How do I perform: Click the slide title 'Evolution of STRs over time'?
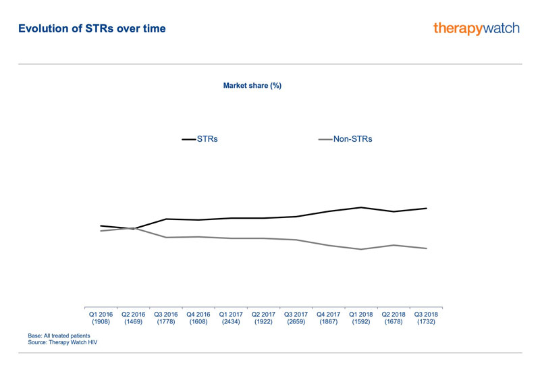click(x=92, y=29)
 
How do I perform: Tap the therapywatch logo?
click(x=477, y=28)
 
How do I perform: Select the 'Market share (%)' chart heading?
click(x=252, y=86)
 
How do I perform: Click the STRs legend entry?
click(x=200, y=139)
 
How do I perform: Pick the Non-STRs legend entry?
click(x=345, y=139)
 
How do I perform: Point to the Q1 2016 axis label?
click(x=101, y=318)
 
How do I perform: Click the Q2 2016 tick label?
click(x=134, y=318)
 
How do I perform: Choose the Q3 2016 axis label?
click(x=166, y=318)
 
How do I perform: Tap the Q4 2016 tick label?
click(x=198, y=318)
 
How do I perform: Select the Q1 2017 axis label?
click(x=231, y=318)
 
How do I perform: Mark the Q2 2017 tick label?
click(x=263, y=318)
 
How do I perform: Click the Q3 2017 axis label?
click(x=296, y=318)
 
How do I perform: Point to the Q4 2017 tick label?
click(x=329, y=318)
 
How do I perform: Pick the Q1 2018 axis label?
click(x=361, y=318)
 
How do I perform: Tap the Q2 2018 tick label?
click(x=394, y=318)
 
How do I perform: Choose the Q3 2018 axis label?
click(x=426, y=318)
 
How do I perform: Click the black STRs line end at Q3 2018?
click(x=426, y=208)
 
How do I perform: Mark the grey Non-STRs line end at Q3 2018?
click(x=426, y=248)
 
